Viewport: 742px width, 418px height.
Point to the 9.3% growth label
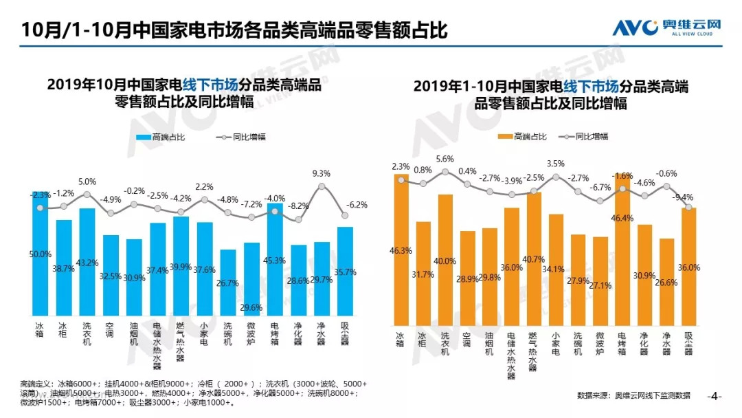tap(322, 173)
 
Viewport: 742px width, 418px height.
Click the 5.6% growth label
tap(445, 159)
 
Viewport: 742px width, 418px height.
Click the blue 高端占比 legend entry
tap(161, 137)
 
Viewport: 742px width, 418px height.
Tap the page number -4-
tap(715, 396)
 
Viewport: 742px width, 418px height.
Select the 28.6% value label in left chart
tap(298, 282)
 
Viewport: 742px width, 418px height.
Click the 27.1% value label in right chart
tap(600, 285)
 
